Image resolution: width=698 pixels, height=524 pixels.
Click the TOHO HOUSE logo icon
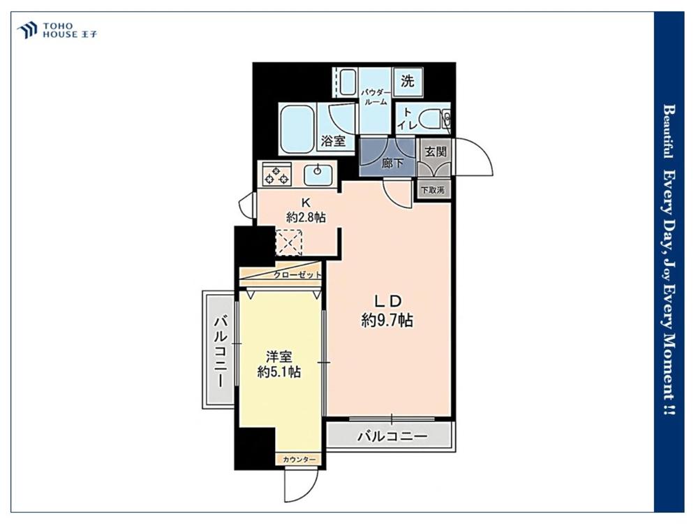click(x=27, y=30)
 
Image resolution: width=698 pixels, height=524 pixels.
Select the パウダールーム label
click(x=376, y=96)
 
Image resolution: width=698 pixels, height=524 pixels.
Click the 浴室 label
click(x=334, y=141)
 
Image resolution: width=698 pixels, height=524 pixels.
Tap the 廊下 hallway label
click(x=392, y=163)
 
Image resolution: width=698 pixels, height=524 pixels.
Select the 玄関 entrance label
click(x=435, y=152)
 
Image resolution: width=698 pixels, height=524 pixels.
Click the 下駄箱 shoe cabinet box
click(x=433, y=189)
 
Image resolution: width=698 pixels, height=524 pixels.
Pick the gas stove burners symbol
click(x=276, y=174)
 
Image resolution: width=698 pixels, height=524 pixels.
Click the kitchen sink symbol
click(x=318, y=173)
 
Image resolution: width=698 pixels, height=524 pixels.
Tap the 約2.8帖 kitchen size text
click(x=306, y=217)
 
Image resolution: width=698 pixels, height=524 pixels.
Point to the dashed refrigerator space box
click(x=290, y=243)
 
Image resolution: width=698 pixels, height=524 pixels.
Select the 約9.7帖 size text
click(x=387, y=320)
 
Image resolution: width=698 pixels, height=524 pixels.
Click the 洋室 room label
click(x=279, y=356)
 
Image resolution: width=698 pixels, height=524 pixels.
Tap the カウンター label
click(x=299, y=459)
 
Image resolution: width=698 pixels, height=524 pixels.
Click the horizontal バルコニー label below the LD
click(x=392, y=435)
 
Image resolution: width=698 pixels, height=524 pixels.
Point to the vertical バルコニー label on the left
click(x=221, y=351)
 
